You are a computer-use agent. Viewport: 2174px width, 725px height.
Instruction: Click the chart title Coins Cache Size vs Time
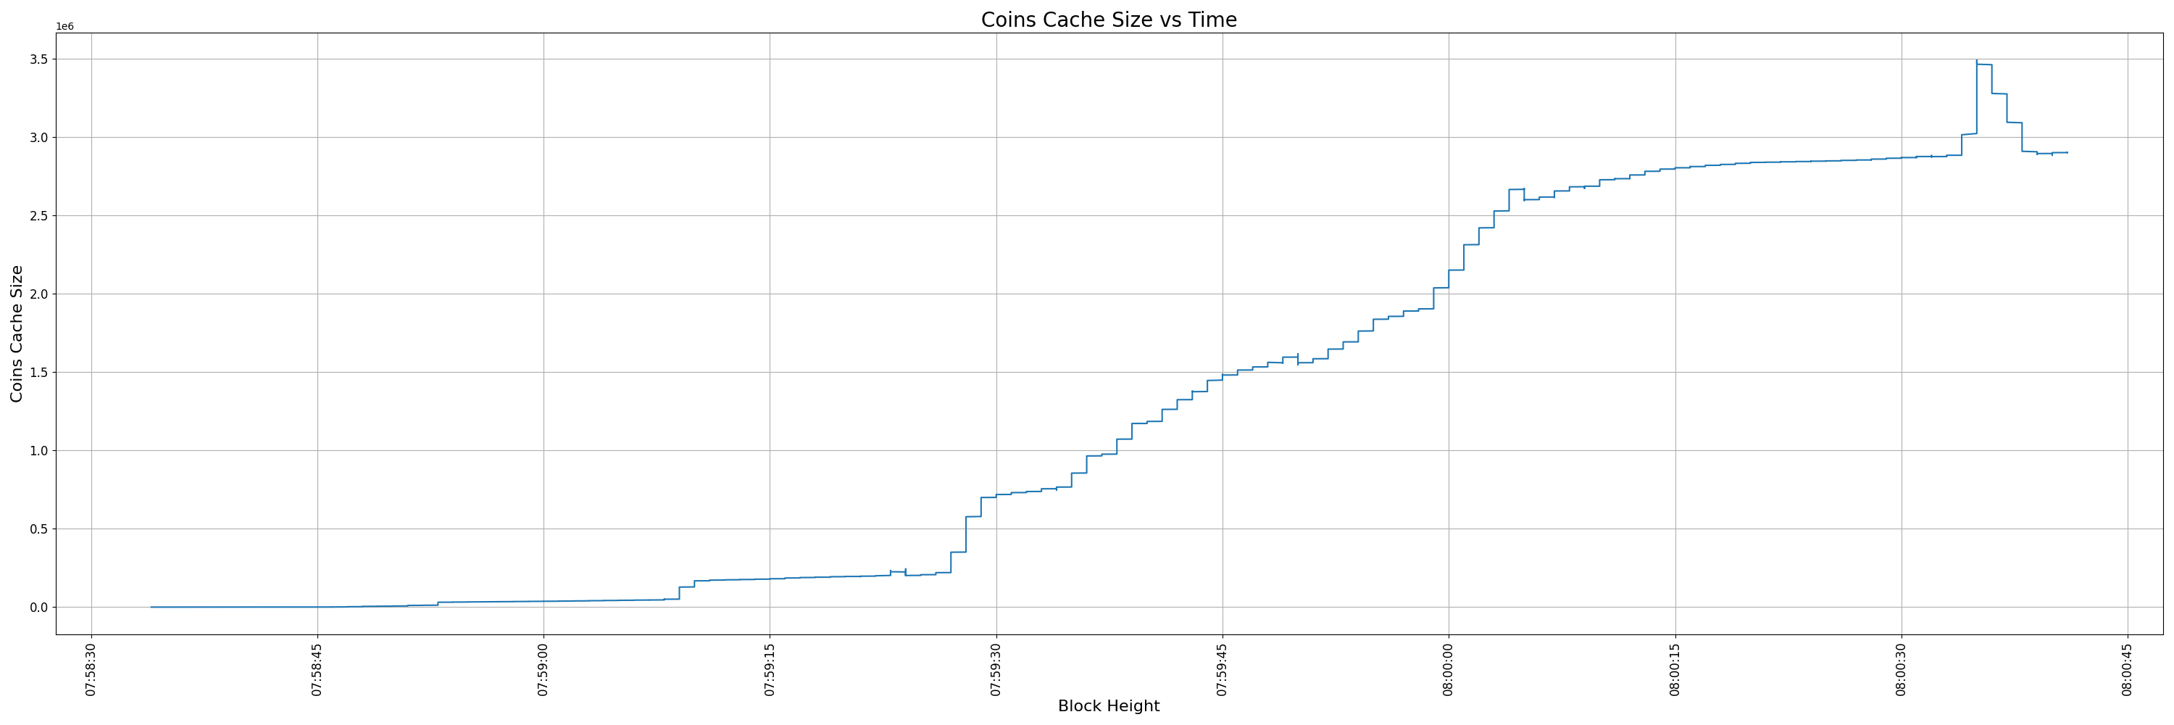(1108, 20)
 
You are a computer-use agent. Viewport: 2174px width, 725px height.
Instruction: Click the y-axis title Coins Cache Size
(17, 333)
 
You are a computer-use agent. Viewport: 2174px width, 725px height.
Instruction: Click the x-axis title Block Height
(1108, 706)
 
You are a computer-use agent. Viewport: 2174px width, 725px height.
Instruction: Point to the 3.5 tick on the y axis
(37, 59)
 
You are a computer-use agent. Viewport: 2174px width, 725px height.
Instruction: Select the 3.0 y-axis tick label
(37, 138)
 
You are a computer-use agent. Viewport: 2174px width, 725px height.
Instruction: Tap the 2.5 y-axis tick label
(37, 216)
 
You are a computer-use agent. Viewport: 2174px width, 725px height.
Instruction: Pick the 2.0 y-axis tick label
(37, 294)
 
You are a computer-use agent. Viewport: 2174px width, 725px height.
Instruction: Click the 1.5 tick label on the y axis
(37, 372)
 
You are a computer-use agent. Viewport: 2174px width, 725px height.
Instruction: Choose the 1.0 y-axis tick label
(37, 451)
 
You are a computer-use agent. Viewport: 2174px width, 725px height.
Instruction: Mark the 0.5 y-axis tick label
(37, 529)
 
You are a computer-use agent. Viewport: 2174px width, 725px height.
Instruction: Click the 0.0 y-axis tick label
(37, 608)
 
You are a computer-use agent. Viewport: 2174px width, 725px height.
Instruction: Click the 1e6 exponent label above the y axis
(65, 27)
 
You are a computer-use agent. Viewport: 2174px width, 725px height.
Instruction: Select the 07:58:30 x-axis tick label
(91, 670)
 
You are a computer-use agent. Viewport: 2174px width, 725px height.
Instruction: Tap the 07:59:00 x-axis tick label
(543, 670)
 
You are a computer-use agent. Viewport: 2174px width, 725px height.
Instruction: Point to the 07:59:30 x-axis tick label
(996, 670)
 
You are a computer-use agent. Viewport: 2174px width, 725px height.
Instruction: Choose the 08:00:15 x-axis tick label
(1675, 670)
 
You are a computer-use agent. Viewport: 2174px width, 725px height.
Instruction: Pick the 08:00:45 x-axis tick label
(2128, 670)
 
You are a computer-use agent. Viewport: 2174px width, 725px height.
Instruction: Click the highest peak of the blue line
(1976, 61)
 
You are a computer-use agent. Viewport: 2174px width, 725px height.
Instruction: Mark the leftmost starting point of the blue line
(151, 607)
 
